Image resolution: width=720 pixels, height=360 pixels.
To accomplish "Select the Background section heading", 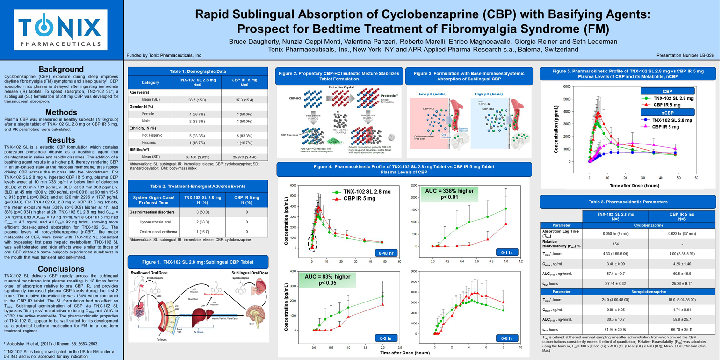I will coord(61,69).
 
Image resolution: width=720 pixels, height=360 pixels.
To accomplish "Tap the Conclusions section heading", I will coord(61,268).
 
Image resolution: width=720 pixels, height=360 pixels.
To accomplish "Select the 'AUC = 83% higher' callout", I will coord(327,280).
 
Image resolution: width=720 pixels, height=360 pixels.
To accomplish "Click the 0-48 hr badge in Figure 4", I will coord(386,253).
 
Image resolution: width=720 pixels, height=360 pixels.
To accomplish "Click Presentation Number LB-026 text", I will coord(688,55).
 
